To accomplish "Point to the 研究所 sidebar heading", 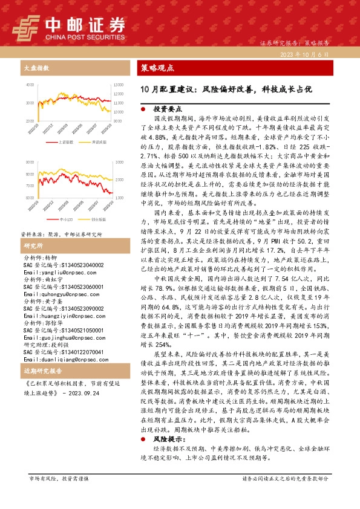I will pyautogui.click(x=33, y=245).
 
